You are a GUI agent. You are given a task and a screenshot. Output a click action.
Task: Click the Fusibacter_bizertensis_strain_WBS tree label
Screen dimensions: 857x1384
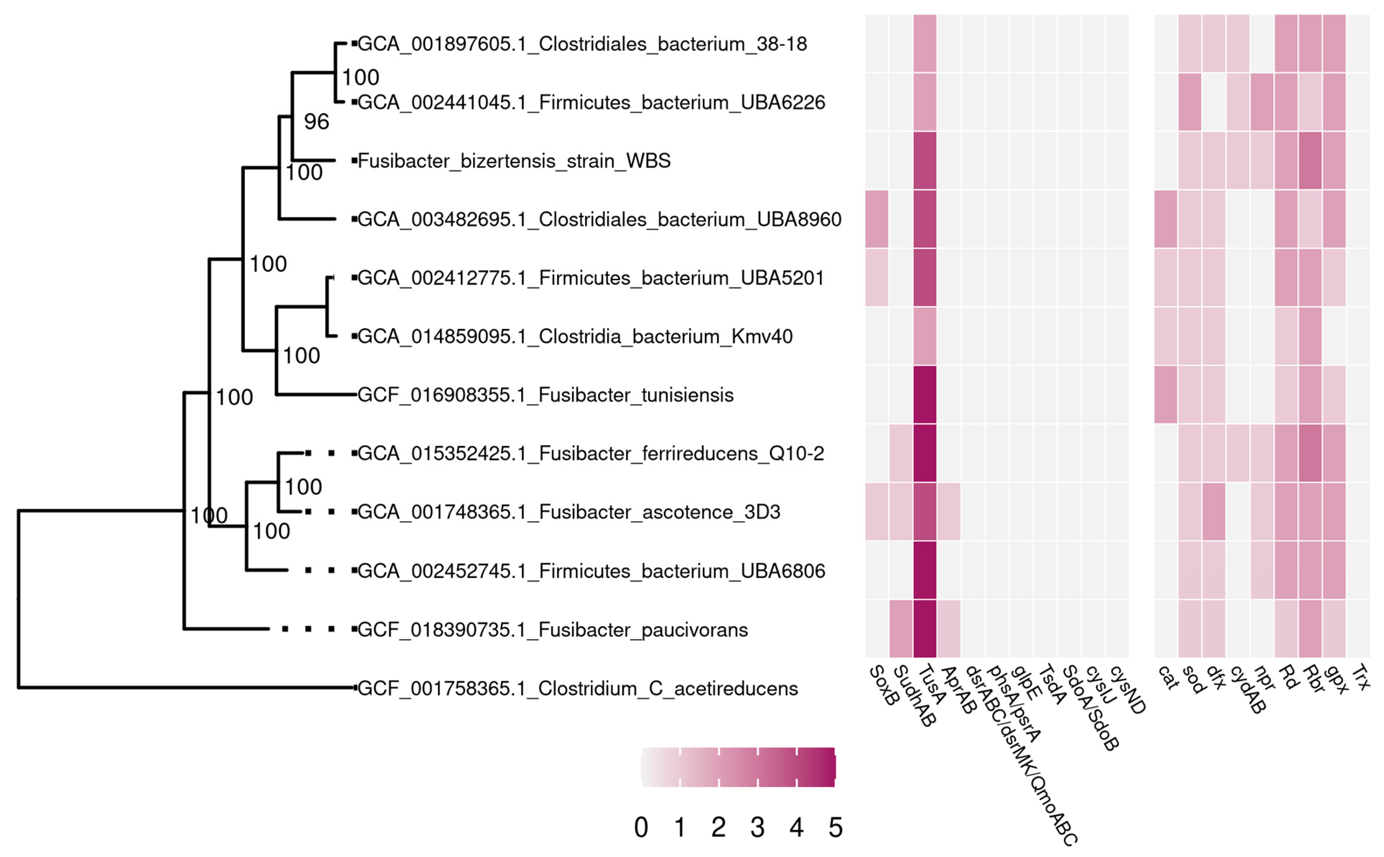point(514,161)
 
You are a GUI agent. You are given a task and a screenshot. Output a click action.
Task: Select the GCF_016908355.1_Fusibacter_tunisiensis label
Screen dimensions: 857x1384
point(545,395)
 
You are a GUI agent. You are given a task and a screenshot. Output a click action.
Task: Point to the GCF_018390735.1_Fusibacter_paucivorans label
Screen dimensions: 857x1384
point(553,630)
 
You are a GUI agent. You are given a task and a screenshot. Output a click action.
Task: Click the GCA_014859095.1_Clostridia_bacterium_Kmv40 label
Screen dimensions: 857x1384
point(575,337)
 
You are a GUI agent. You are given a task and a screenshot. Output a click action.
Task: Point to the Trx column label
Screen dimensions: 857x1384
point(1361,678)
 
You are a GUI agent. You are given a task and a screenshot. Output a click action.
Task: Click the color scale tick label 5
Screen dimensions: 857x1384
point(835,828)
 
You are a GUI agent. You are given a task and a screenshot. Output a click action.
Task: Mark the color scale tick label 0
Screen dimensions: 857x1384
point(641,828)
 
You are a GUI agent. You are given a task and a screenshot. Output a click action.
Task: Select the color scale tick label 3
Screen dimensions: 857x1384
point(758,828)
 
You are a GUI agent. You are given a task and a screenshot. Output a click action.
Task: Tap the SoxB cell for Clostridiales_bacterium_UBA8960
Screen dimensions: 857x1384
point(877,219)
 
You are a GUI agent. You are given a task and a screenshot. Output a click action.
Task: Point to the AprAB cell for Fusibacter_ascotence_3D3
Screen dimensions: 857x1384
point(949,512)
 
